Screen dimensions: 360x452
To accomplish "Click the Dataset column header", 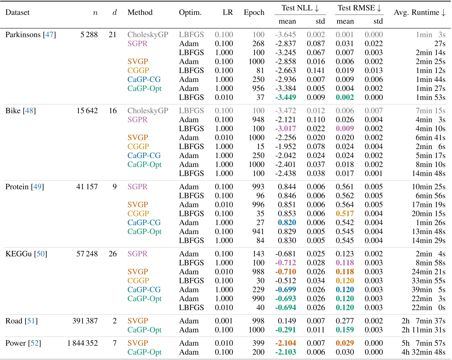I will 18,13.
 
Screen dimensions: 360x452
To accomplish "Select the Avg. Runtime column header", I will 419,13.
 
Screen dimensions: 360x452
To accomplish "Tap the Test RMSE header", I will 359,8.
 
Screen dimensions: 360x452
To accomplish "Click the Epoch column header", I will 254,13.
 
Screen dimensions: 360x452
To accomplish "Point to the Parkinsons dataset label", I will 23,35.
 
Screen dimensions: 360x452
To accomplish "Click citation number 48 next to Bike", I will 29,111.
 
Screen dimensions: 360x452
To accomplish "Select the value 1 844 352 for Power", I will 82,343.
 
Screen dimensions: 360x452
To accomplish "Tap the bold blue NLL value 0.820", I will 287,222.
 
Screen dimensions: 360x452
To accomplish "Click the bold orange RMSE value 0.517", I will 345,214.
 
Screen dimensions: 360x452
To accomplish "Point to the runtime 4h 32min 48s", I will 423,352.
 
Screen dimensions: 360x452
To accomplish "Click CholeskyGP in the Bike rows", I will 148,111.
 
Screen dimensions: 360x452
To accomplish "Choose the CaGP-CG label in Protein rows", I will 144,222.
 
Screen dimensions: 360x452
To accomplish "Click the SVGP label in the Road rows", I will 138,321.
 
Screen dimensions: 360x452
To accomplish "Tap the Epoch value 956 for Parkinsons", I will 258,89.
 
